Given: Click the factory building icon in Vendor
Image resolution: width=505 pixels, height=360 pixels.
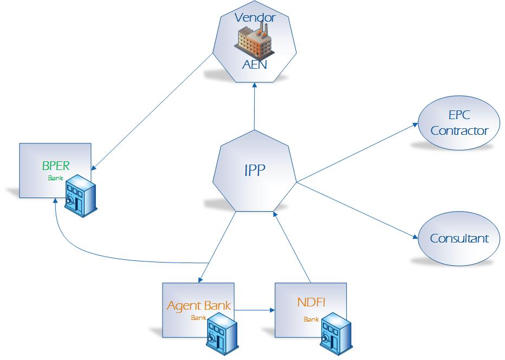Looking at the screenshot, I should coord(254,40).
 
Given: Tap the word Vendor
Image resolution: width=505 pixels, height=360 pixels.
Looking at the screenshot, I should coord(255,17).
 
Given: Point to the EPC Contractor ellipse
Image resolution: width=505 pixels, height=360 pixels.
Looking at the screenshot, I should coord(459,125).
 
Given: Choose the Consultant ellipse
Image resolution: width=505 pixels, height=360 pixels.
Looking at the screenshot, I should coord(459,238).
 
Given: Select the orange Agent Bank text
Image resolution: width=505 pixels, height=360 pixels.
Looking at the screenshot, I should coord(199,306).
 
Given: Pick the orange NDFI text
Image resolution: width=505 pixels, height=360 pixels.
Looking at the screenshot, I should coord(311,302).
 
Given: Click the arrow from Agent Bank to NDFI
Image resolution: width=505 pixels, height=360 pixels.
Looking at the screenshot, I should coord(255,310).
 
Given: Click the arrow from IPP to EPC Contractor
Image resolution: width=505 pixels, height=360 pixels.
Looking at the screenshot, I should coord(358,152).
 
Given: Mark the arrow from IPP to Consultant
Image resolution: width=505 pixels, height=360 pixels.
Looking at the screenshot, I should coord(358,210).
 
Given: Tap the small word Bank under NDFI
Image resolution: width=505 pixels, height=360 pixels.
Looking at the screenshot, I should coord(311,319).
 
